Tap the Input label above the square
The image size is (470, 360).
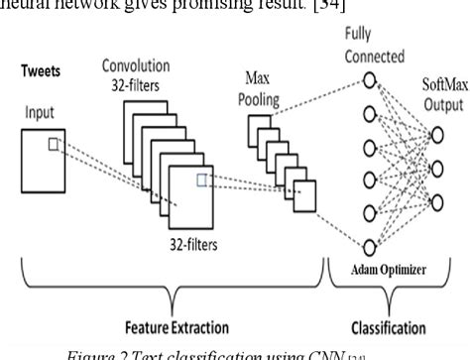click(39, 113)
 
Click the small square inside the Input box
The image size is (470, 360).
click(53, 145)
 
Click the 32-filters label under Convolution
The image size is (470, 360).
click(137, 85)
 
